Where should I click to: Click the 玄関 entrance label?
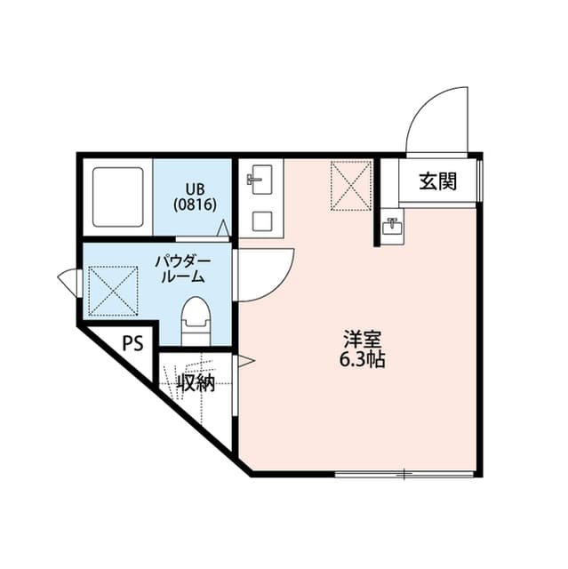coord(438,182)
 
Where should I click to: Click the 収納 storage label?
coord(196,383)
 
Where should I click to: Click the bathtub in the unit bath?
coord(118,197)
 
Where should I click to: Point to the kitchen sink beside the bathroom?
coord(260,180)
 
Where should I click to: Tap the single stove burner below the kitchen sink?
coord(261,220)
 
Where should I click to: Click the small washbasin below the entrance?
coord(391,227)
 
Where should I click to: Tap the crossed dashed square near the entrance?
coord(350,186)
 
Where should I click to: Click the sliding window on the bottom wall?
coord(404,474)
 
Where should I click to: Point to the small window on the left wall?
coord(68,283)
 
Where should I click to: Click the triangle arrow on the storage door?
coord(245,361)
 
